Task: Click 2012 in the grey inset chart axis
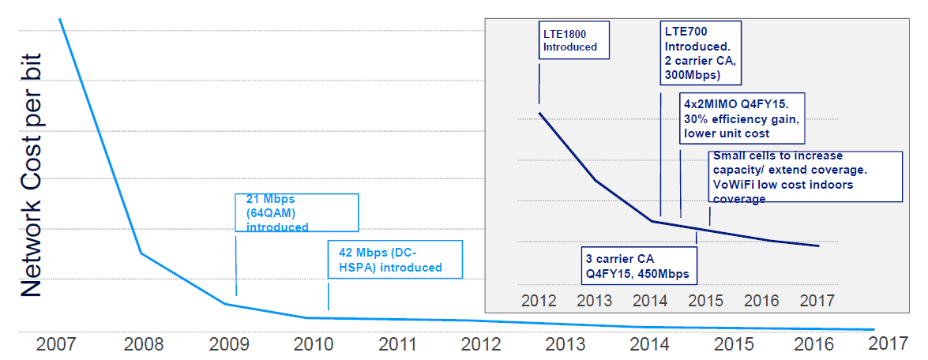coord(539,301)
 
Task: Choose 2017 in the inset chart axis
coord(817,301)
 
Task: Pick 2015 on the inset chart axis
coord(706,301)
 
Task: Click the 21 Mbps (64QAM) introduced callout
coord(297,212)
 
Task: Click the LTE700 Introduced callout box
coord(701,52)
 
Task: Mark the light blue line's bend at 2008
coord(141,253)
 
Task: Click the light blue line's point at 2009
coord(225,304)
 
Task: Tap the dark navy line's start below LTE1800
coord(539,114)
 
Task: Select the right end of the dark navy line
coord(818,246)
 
